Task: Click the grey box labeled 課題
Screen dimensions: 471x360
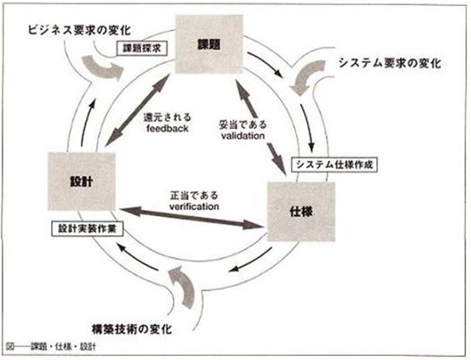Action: click(x=208, y=44)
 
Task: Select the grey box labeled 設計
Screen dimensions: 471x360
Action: click(x=82, y=182)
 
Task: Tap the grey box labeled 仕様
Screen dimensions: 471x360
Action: click(x=301, y=212)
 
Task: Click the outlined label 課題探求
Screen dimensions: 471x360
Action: click(x=142, y=48)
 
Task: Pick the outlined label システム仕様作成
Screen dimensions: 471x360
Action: click(x=334, y=164)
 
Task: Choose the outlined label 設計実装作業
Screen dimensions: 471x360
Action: click(x=87, y=229)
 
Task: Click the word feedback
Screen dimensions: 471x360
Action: click(x=168, y=128)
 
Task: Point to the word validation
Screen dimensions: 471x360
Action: click(x=243, y=136)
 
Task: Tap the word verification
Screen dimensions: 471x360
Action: click(x=194, y=207)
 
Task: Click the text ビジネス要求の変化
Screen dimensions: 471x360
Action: click(x=79, y=30)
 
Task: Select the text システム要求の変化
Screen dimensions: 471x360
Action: click(x=390, y=63)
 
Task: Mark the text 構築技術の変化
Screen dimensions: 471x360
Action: click(x=132, y=329)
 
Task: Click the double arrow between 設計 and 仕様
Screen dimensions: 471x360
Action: click(x=190, y=217)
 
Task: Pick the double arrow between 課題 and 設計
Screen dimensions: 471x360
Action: click(x=138, y=110)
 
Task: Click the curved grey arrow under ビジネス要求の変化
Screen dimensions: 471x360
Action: click(x=102, y=67)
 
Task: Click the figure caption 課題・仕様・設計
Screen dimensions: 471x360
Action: click(x=63, y=347)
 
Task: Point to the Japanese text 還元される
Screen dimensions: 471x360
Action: click(x=167, y=117)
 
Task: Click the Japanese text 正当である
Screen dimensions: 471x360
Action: click(x=194, y=196)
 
